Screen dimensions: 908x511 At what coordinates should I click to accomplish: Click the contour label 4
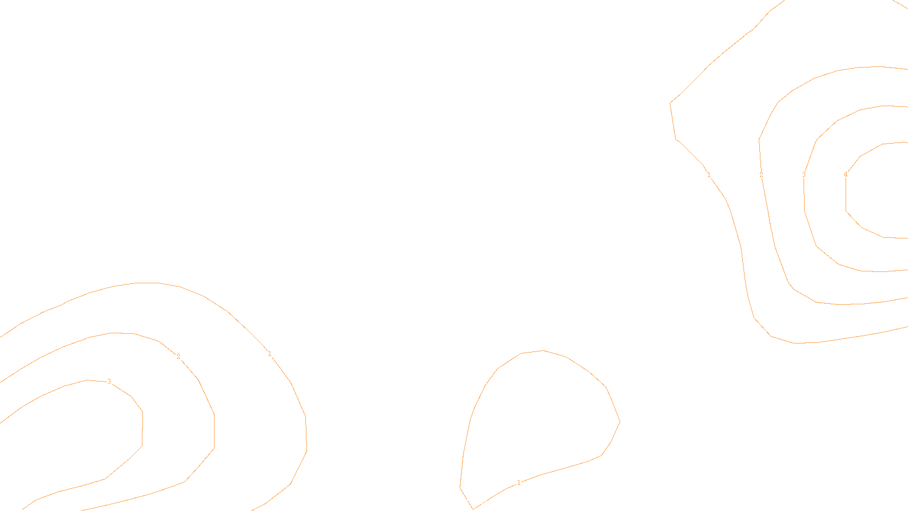pos(846,174)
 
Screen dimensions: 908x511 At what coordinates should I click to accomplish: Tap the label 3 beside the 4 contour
pos(804,175)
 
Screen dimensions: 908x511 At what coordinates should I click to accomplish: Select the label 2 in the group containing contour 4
pos(761,175)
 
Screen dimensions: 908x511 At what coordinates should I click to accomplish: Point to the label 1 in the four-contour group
pos(709,175)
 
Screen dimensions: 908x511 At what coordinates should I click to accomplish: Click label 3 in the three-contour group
pos(109,382)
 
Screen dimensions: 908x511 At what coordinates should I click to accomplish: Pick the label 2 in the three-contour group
pos(178,357)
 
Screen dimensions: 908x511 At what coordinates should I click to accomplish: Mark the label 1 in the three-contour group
pos(270,354)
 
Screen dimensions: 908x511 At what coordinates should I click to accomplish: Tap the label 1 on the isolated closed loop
pos(519,483)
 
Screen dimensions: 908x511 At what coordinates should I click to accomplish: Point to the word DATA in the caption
pos(480,502)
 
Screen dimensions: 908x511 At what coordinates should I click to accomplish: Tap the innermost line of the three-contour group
pos(142,426)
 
